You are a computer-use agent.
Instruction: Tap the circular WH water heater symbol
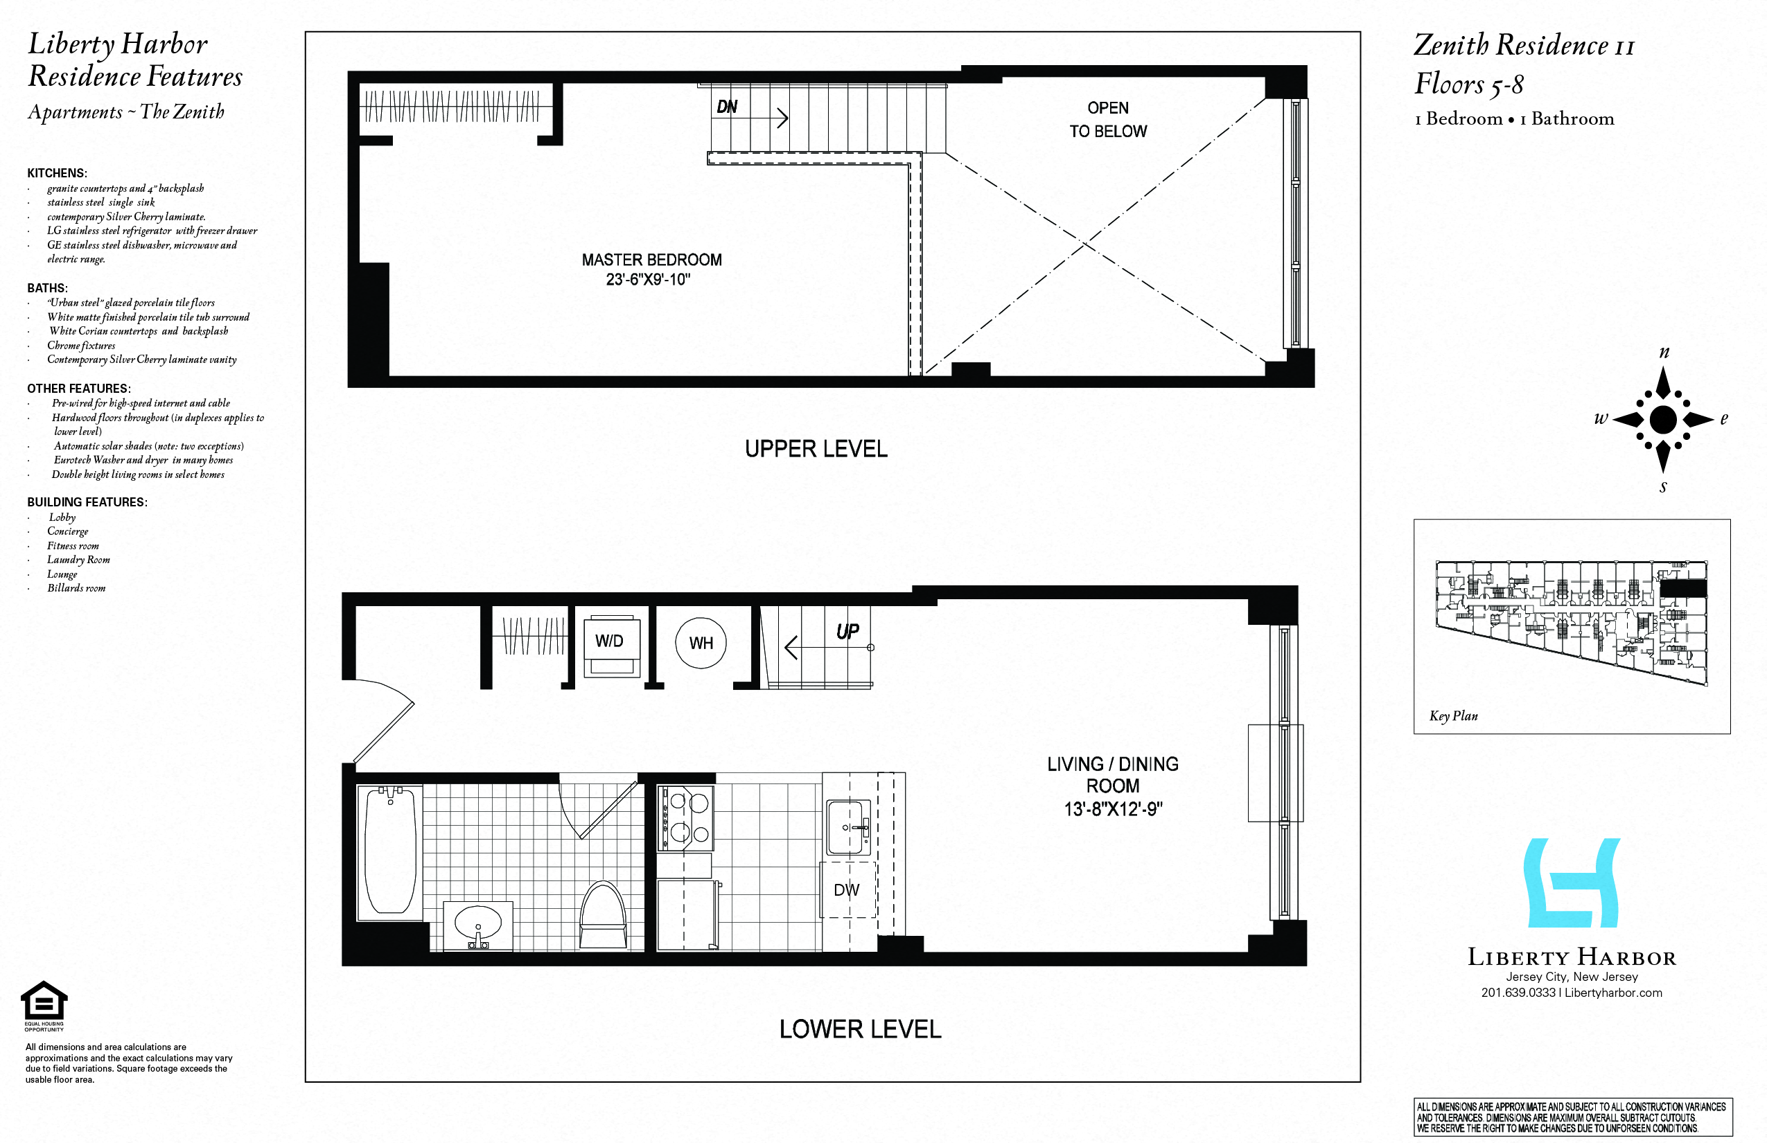point(700,643)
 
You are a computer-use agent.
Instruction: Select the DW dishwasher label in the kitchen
point(846,890)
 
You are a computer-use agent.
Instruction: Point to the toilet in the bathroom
point(603,916)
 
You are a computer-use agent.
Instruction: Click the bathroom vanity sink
point(477,924)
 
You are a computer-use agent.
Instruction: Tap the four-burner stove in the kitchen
point(685,818)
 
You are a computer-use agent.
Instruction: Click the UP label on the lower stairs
point(847,632)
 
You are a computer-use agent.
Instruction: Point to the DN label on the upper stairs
point(727,107)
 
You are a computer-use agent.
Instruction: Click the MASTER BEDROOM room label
point(651,260)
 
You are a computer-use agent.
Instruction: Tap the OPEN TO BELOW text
point(1108,119)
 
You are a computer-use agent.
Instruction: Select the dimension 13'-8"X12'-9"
point(1112,810)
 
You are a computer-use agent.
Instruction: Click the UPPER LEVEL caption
point(816,449)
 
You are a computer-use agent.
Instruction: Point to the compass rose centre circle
point(1663,419)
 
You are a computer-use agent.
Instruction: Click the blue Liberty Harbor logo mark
point(1571,883)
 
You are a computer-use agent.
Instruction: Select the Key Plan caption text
point(1453,716)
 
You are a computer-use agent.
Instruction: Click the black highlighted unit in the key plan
point(1683,588)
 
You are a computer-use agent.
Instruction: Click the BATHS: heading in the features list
point(47,288)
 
